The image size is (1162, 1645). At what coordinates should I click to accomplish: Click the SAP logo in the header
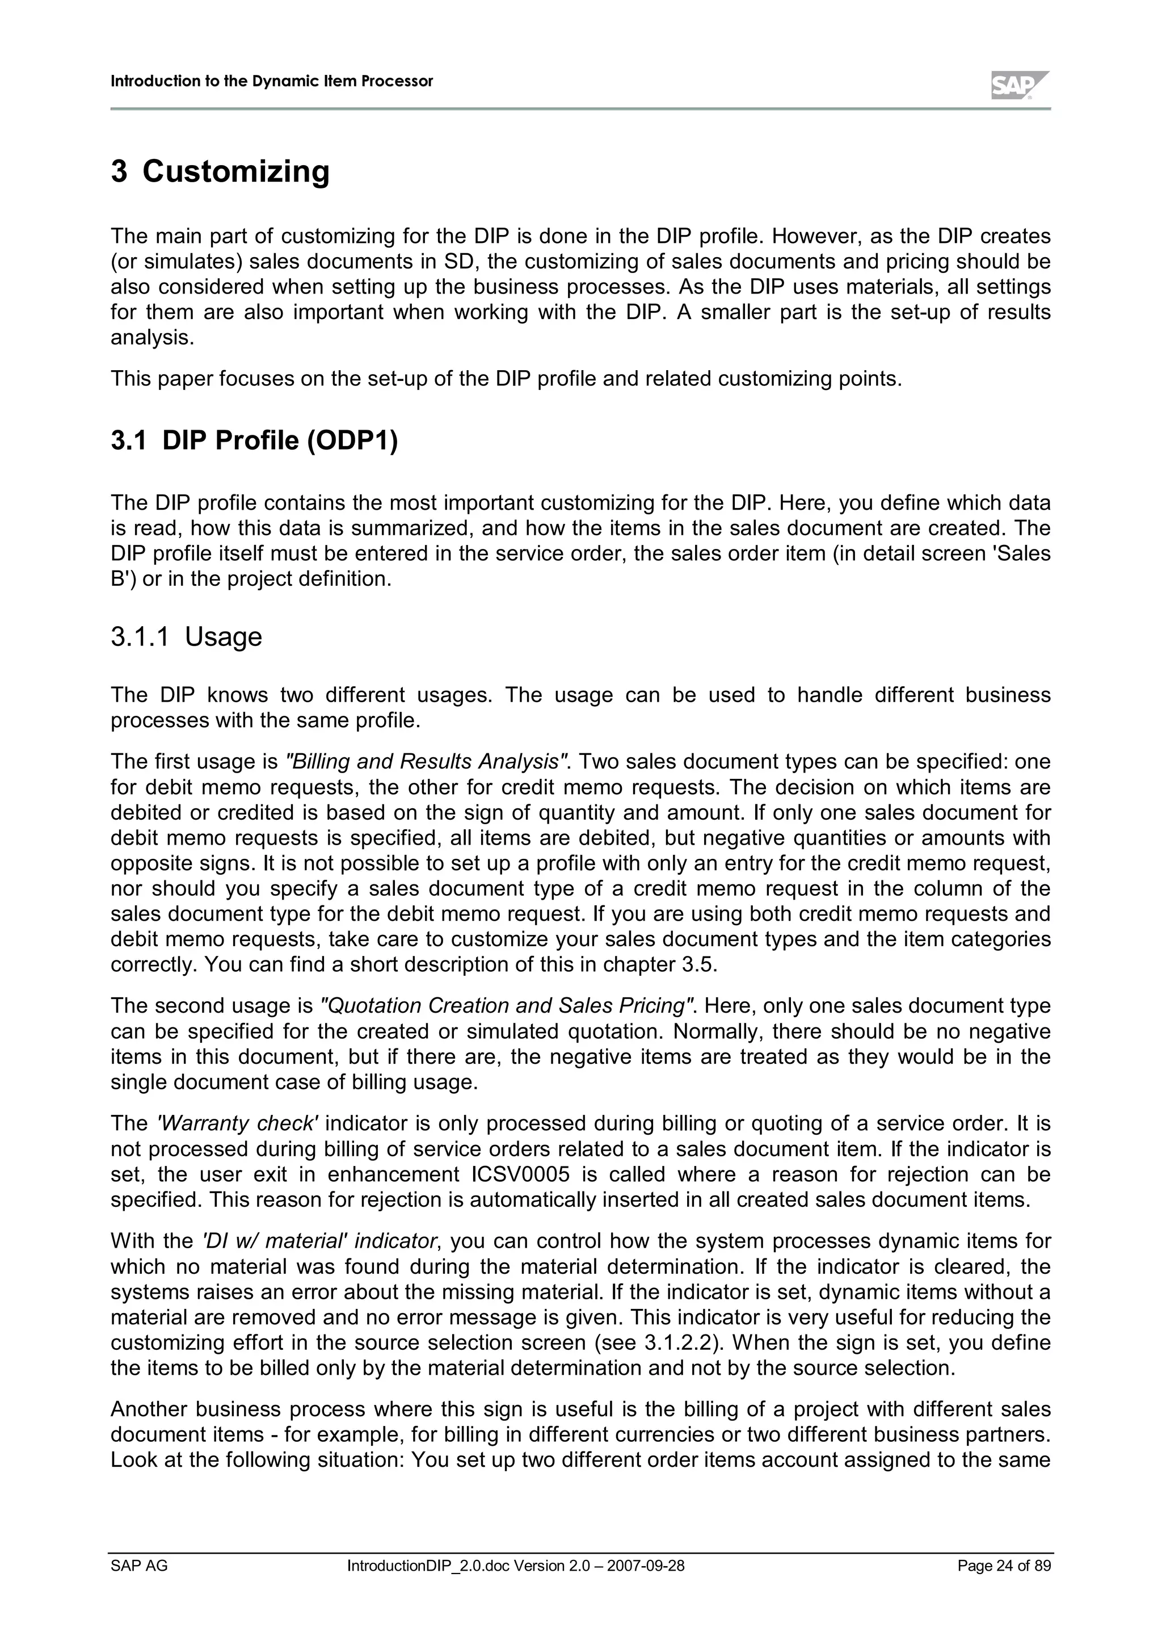pos(1020,85)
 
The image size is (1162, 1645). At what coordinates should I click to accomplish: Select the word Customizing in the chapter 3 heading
pos(235,171)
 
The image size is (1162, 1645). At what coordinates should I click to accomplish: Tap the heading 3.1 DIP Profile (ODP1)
pos(254,440)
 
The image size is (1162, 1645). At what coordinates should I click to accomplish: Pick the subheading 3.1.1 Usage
pos(186,637)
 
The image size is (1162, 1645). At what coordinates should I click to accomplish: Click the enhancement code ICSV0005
pos(525,1174)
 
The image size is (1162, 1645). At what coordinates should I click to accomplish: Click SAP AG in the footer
pos(139,1566)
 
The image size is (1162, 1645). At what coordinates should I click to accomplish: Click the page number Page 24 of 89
pos(1004,1566)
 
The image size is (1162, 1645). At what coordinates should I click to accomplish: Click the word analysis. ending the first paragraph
pos(152,337)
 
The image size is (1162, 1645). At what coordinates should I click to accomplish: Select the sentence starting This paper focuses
pos(506,378)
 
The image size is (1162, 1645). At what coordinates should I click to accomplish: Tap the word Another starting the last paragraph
pos(148,1409)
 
